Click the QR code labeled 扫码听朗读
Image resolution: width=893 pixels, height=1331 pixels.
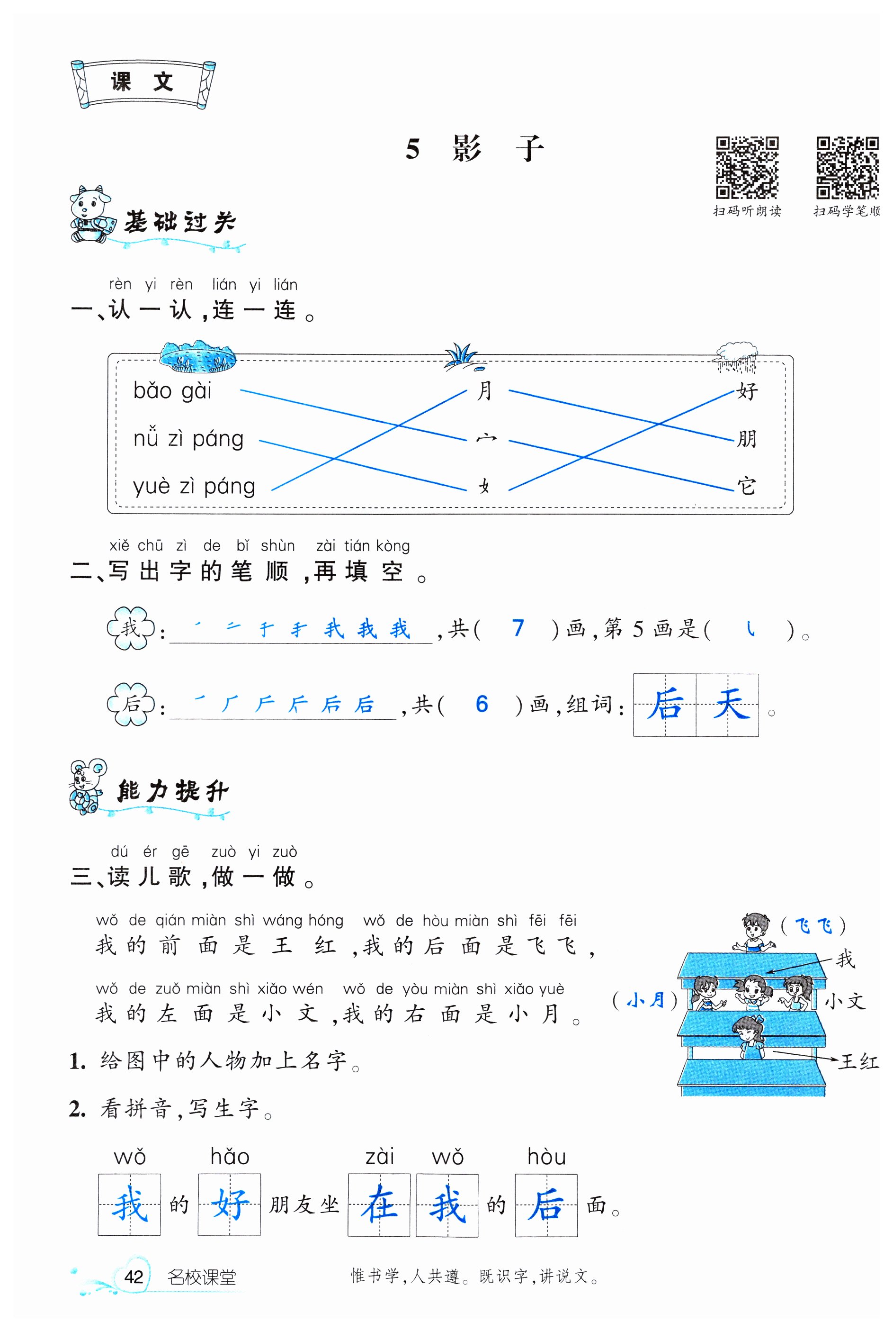(747, 166)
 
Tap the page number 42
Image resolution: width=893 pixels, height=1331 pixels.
(133, 1277)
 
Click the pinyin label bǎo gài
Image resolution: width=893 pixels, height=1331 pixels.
(172, 391)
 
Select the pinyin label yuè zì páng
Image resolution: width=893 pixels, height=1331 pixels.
(194, 487)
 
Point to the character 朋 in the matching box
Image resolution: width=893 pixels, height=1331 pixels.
(746, 439)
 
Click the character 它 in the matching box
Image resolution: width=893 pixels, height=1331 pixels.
(746, 486)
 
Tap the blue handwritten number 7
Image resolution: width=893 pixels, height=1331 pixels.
(517, 628)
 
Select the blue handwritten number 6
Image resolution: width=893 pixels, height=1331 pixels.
(482, 704)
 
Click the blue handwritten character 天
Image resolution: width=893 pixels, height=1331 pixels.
(731, 704)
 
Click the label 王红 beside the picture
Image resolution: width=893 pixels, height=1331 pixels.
(857, 1061)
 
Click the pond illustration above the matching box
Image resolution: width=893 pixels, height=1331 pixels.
(197, 357)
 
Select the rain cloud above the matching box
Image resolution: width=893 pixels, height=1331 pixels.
(737, 355)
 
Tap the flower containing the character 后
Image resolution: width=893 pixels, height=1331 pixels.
(131, 704)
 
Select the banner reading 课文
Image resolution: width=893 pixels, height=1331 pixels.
(143, 83)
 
